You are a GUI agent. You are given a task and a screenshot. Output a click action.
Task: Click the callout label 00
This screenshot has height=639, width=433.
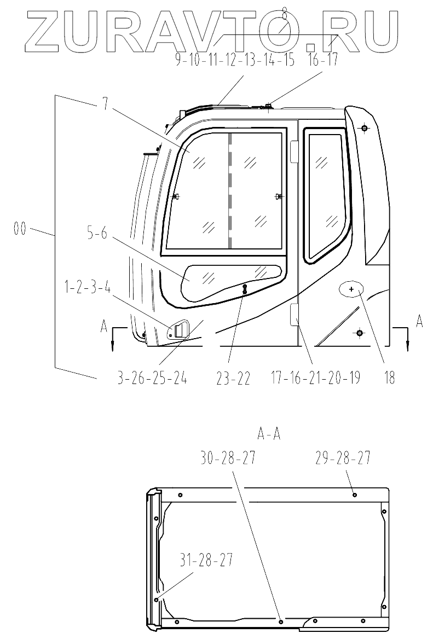[x=20, y=229]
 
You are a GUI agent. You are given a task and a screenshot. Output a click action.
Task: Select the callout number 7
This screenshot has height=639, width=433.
[x=106, y=105]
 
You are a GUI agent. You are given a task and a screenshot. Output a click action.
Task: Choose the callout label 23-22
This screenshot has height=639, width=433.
[x=234, y=378]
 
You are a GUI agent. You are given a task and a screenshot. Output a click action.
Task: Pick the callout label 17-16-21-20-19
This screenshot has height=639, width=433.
[x=315, y=378]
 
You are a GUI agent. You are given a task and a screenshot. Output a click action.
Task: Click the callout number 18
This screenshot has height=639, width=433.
[x=390, y=378]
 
